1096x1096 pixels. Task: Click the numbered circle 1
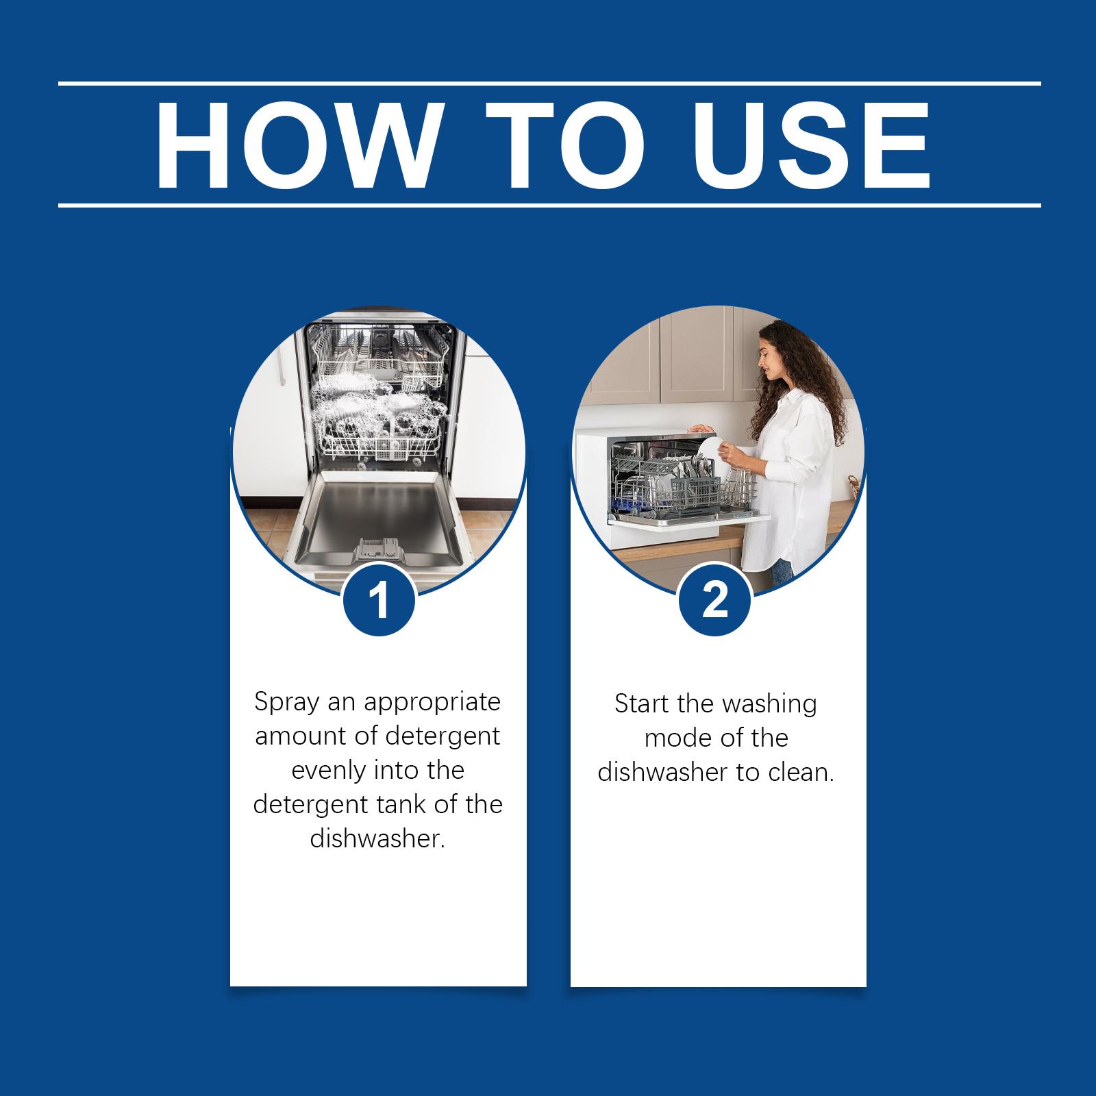tap(379, 600)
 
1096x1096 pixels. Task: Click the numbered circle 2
tap(715, 600)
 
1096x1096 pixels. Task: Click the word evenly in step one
tap(329, 772)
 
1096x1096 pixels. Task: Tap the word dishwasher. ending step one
tap(378, 839)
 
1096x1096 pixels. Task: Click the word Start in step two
tap(642, 705)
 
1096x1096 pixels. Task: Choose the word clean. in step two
tap(800, 773)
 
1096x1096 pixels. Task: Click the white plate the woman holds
tap(710, 451)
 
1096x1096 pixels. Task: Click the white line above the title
tap(549, 84)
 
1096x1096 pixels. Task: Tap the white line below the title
tap(549, 205)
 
